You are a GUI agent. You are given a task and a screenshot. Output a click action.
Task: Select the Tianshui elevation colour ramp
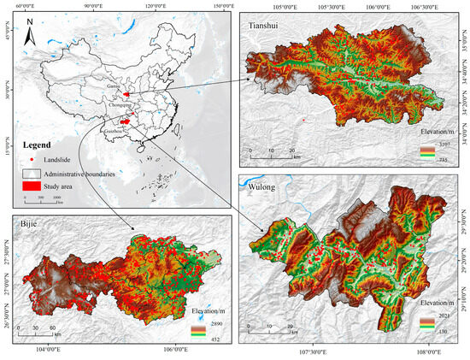[428, 150]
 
